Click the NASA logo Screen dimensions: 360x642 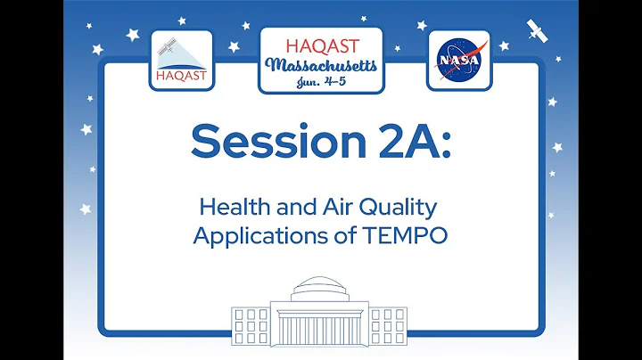[458, 60]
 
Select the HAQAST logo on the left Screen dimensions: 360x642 [182, 61]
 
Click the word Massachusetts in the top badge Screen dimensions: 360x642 [320, 66]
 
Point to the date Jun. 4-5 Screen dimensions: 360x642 [320, 81]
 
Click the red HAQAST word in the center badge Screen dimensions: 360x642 [320, 45]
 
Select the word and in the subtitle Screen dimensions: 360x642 [296, 209]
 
